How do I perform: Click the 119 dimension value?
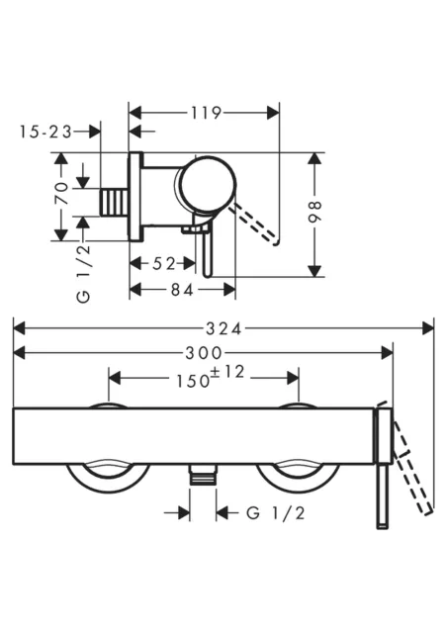(206, 113)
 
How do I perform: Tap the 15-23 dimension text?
(45, 132)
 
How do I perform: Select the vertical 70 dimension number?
(61, 193)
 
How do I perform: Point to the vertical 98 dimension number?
(314, 212)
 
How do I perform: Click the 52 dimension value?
(164, 264)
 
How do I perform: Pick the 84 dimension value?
(182, 289)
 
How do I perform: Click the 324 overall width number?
(223, 328)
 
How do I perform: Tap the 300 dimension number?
(204, 354)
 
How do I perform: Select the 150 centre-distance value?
(193, 381)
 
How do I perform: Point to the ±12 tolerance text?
(227, 372)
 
